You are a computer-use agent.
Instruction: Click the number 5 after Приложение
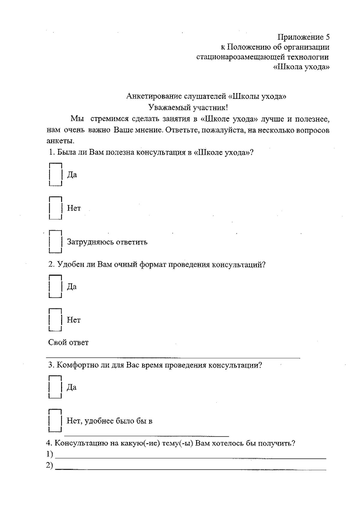tap(327, 37)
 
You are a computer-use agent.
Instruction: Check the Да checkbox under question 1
tap(55, 175)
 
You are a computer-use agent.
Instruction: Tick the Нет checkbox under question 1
tap(55, 208)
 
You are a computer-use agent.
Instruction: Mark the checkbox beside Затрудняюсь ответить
tap(55, 241)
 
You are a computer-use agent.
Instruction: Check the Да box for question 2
tap(55, 286)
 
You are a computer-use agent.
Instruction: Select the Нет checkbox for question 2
tap(55, 320)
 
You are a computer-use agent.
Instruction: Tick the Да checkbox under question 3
tap(55, 387)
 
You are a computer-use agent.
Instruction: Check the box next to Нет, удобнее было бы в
tap(55, 421)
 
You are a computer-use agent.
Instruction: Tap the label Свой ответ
tap(68, 343)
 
